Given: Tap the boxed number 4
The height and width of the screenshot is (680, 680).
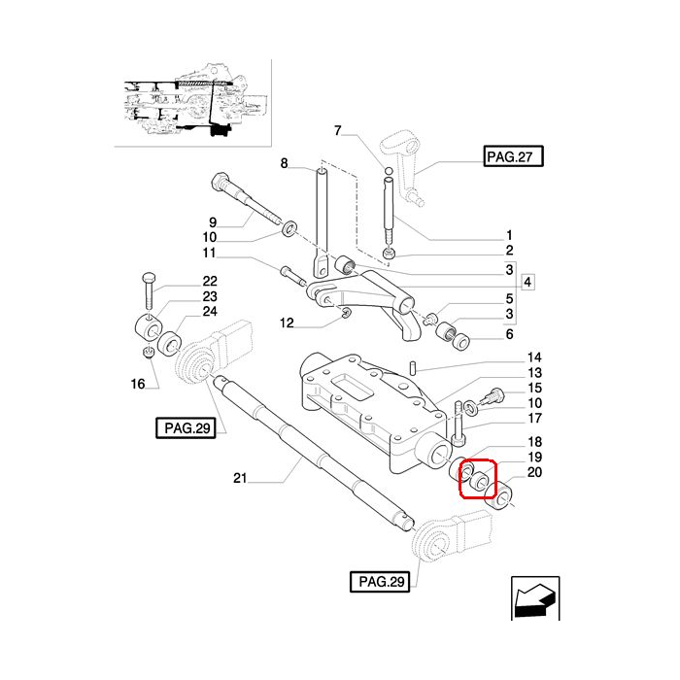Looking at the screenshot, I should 528,283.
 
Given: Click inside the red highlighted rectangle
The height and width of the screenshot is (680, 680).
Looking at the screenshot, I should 478,479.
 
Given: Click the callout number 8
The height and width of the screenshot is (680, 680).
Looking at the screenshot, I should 285,164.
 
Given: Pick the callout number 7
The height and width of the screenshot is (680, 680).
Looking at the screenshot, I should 338,131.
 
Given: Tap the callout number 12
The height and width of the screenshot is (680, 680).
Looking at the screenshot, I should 286,323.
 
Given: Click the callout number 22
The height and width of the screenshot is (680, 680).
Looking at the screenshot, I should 210,282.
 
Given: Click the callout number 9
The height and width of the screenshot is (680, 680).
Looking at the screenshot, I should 212,221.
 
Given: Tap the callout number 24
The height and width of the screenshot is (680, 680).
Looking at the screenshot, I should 210,312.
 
